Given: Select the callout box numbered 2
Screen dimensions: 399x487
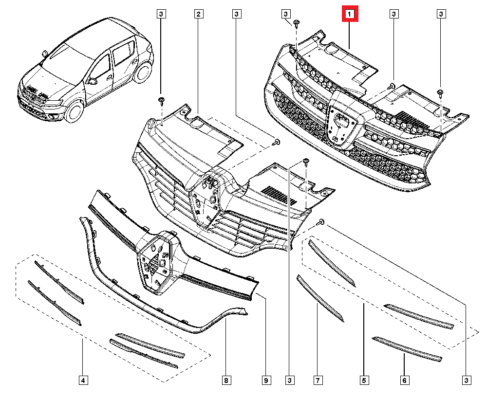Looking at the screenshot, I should (x=198, y=14).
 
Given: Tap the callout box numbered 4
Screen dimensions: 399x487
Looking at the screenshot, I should (x=83, y=380).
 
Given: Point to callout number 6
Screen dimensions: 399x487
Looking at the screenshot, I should (x=404, y=380).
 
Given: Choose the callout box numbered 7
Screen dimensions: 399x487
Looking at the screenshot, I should (x=317, y=380).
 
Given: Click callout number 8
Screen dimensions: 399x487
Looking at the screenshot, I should (x=226, y=380).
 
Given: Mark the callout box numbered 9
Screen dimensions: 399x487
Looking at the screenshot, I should (x=266, y=380).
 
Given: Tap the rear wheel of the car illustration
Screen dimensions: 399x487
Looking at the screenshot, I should (x=143, y=72).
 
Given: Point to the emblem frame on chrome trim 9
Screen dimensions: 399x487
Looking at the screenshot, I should (x=156, y=263).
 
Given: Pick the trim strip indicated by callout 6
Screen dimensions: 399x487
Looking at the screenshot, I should (x=407, y=348).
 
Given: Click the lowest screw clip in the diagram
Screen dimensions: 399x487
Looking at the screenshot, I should (x=321, y=222).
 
